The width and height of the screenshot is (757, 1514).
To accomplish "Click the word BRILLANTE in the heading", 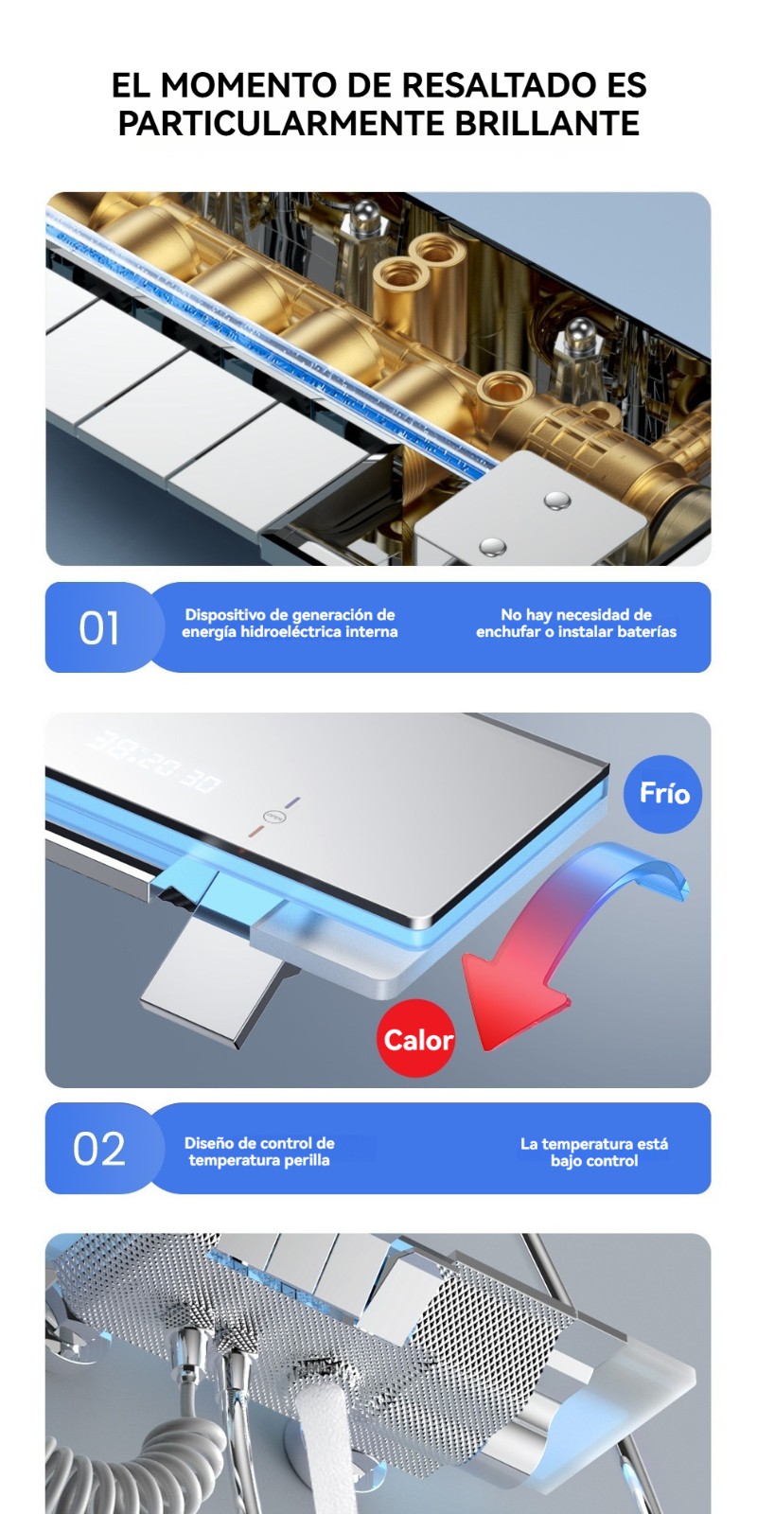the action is point(547,123).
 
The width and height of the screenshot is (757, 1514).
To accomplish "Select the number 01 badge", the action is point(98,628).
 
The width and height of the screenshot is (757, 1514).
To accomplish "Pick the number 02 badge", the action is point(98,1149).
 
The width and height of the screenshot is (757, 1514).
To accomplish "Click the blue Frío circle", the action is point(662,794).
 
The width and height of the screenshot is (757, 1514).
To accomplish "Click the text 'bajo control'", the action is point(594,1161).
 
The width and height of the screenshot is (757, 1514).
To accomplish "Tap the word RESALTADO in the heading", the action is point(495,85).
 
